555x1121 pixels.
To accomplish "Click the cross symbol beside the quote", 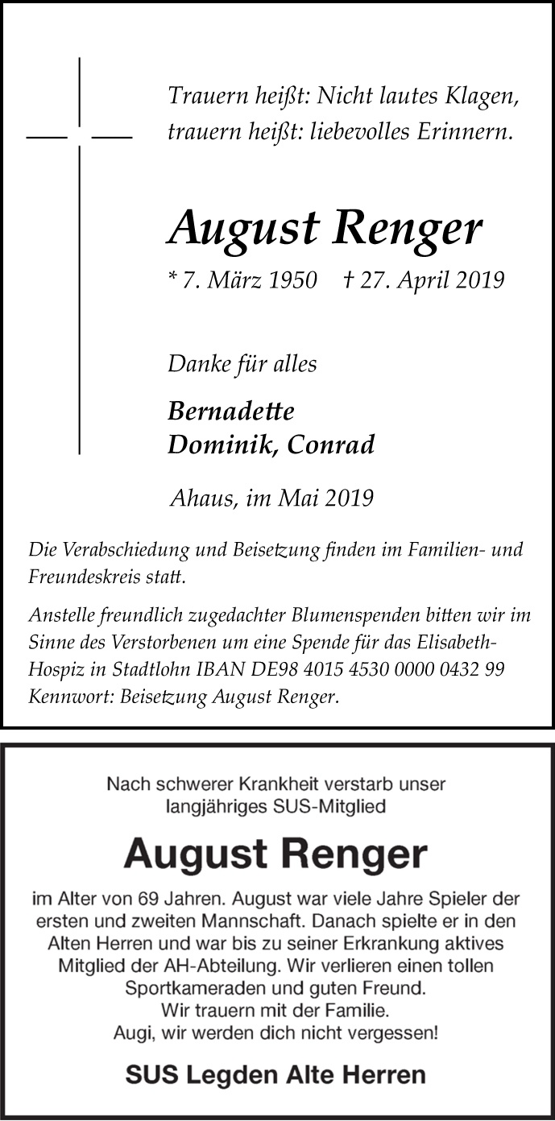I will click(x=79, y=137).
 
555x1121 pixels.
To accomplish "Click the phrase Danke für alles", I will click(x=242, y=364).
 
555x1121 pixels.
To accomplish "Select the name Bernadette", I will click(x=231, y=411).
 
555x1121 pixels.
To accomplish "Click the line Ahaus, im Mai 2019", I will click(x=271, y=498).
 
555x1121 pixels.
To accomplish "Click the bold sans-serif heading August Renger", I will click(x=275, y=855).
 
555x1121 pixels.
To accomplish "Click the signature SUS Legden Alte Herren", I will click(x=275, y=1074).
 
